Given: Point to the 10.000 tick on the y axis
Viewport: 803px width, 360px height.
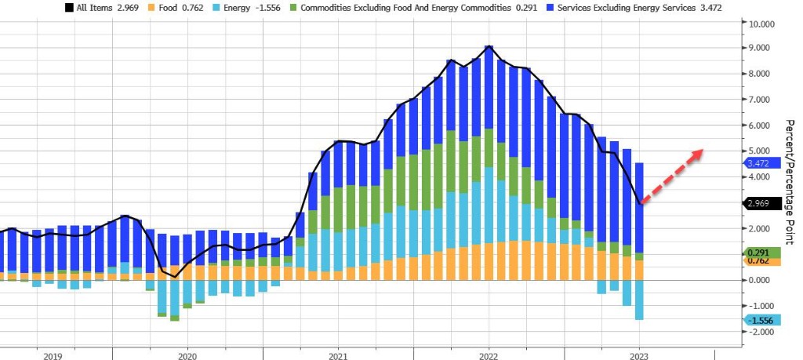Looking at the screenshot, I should click(x=765, y=24).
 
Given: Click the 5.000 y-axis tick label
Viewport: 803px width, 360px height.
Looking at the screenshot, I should click(x=765, y=151).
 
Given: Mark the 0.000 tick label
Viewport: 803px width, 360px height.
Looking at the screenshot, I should click(x=765, y=280).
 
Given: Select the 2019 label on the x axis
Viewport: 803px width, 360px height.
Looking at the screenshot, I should click(x=53, y=356).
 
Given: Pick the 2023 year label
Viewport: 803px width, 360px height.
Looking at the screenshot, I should click(x=638, y=356).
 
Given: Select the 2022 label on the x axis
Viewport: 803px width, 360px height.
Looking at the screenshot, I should click(x=489, y=356).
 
